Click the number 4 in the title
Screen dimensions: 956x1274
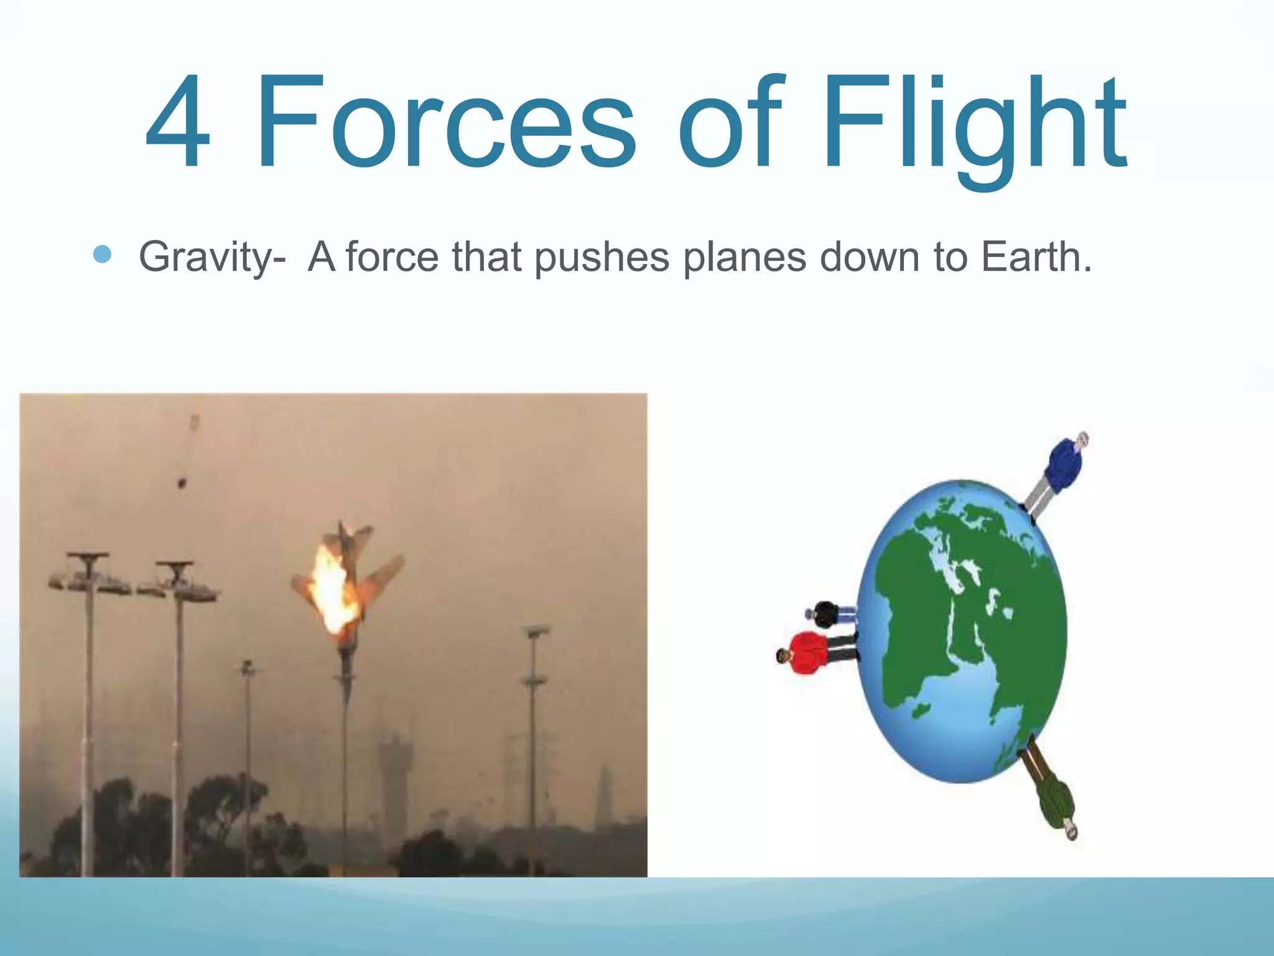177,121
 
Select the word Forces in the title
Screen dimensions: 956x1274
445,121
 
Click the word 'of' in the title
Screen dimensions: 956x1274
731,121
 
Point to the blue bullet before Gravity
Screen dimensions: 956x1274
101,255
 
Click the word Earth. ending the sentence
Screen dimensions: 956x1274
1036,256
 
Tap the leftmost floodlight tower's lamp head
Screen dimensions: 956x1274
89,576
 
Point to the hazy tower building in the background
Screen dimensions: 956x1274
393,778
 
